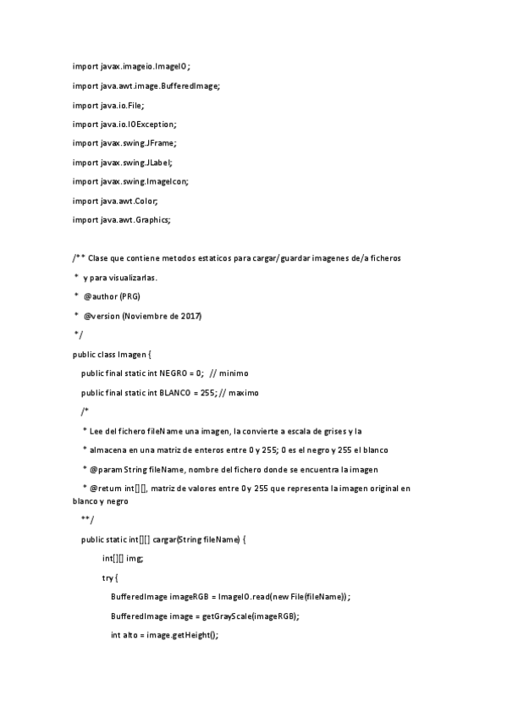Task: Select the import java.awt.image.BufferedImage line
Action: [146, 86]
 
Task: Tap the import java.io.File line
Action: [108, 105]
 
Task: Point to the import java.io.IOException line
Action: [124, 124]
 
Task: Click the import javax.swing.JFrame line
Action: [124, 143]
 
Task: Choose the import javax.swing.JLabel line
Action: [123, 163]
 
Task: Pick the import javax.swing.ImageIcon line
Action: [130, 181]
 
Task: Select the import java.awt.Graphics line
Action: [122, 220]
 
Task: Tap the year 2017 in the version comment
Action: [190, 316]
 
